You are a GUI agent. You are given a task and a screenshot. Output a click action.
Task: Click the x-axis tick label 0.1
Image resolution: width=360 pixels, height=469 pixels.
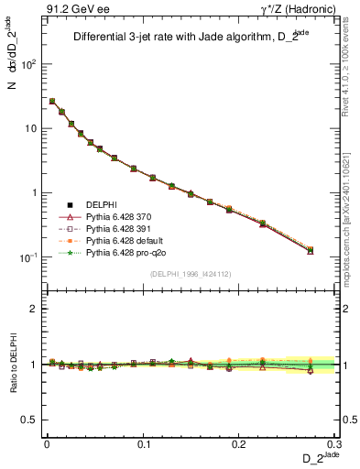143,443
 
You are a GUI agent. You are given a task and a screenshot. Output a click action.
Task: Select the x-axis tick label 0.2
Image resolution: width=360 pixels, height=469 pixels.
240,443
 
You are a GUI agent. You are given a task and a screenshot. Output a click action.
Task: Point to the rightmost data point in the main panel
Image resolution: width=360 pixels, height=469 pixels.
311,250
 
